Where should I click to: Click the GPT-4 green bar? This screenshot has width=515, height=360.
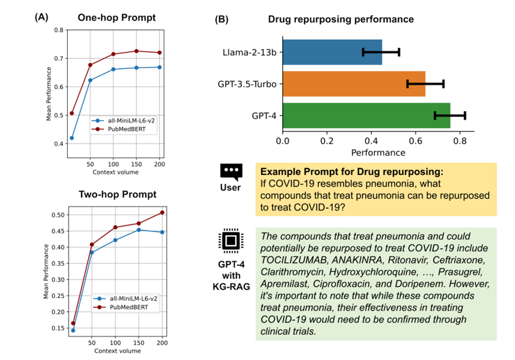point(366,115)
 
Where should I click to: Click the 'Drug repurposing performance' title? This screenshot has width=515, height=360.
point(350,19)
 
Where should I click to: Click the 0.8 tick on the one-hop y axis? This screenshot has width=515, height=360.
point(58,30)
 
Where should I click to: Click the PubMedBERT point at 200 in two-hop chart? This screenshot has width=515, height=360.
point(161,212)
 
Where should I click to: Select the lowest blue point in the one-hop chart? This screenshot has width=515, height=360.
point(72,138)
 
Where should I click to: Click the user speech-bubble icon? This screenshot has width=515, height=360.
point(231,171)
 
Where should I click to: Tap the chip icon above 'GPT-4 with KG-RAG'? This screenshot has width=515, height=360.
point(230,240)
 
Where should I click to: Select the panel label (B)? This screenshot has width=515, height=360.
point(221,19)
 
